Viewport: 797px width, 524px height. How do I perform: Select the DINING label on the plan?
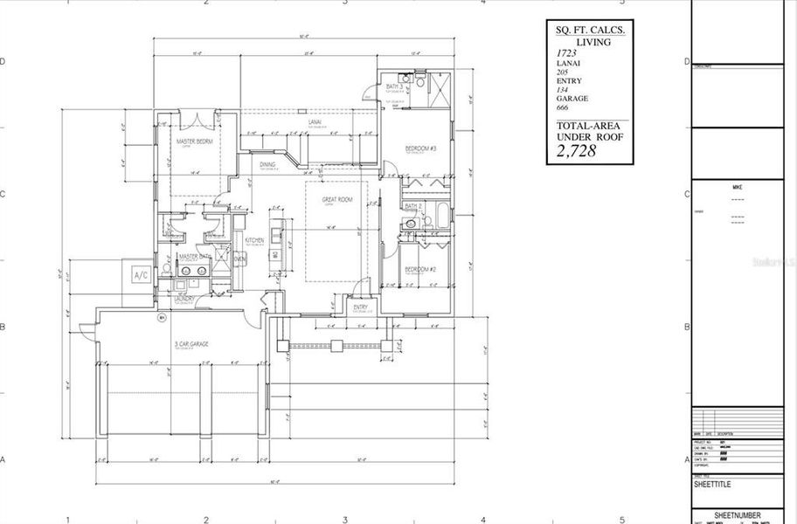(268, 163)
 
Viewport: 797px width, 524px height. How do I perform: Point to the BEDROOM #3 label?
(420, 149)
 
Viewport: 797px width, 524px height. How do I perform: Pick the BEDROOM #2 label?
(420, 269)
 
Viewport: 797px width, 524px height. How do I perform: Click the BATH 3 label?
(394, 86)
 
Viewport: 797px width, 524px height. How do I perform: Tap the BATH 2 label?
(413, 206)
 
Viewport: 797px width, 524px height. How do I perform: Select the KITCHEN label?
(254, 240)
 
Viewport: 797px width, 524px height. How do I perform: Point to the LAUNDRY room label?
(184, 298)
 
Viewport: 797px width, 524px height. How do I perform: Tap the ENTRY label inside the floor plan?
(360, 307)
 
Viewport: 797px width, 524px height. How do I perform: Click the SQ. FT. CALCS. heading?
(591, 29)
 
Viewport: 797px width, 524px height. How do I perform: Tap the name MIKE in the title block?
(737, 187)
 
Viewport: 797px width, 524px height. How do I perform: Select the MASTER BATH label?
(193, 257)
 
